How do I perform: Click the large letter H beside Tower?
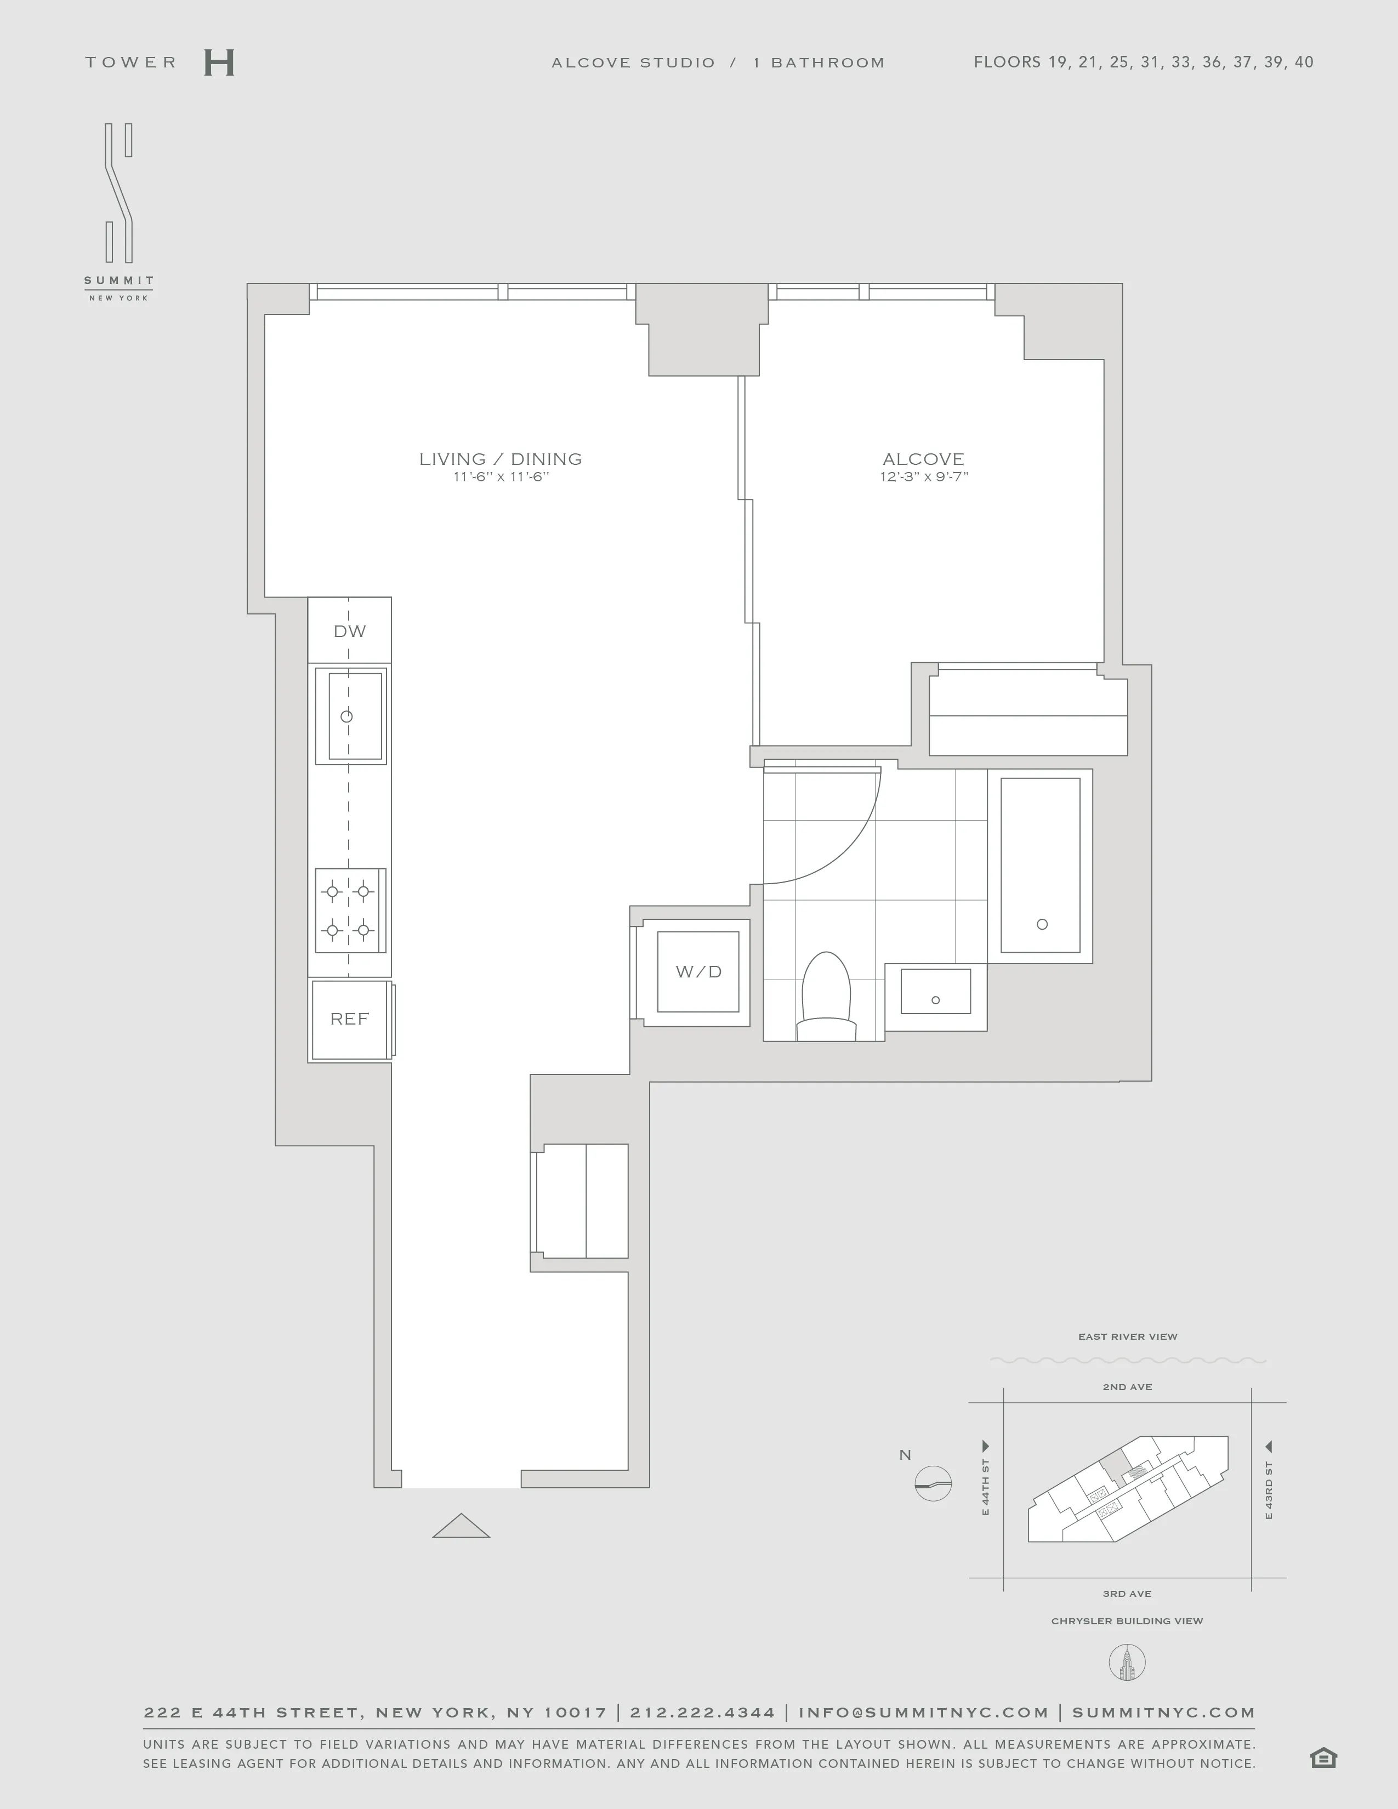tap(219, 63)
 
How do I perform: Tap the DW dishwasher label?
tap(350, 631)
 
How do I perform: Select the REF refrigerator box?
tap(350, 1019)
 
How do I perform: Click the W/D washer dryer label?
tap(698, 971)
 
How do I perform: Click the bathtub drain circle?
tap(1042, 924)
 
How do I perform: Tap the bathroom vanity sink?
tap(936, 992)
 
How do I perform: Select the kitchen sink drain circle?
tap(347, 716)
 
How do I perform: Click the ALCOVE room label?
tap(923, 459)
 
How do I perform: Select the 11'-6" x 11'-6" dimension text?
tap(501, 477)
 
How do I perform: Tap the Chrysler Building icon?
tap(1127, 1663)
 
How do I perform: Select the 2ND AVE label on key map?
tap(1127, 1386)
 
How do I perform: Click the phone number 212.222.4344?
tap(702, 1712)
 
